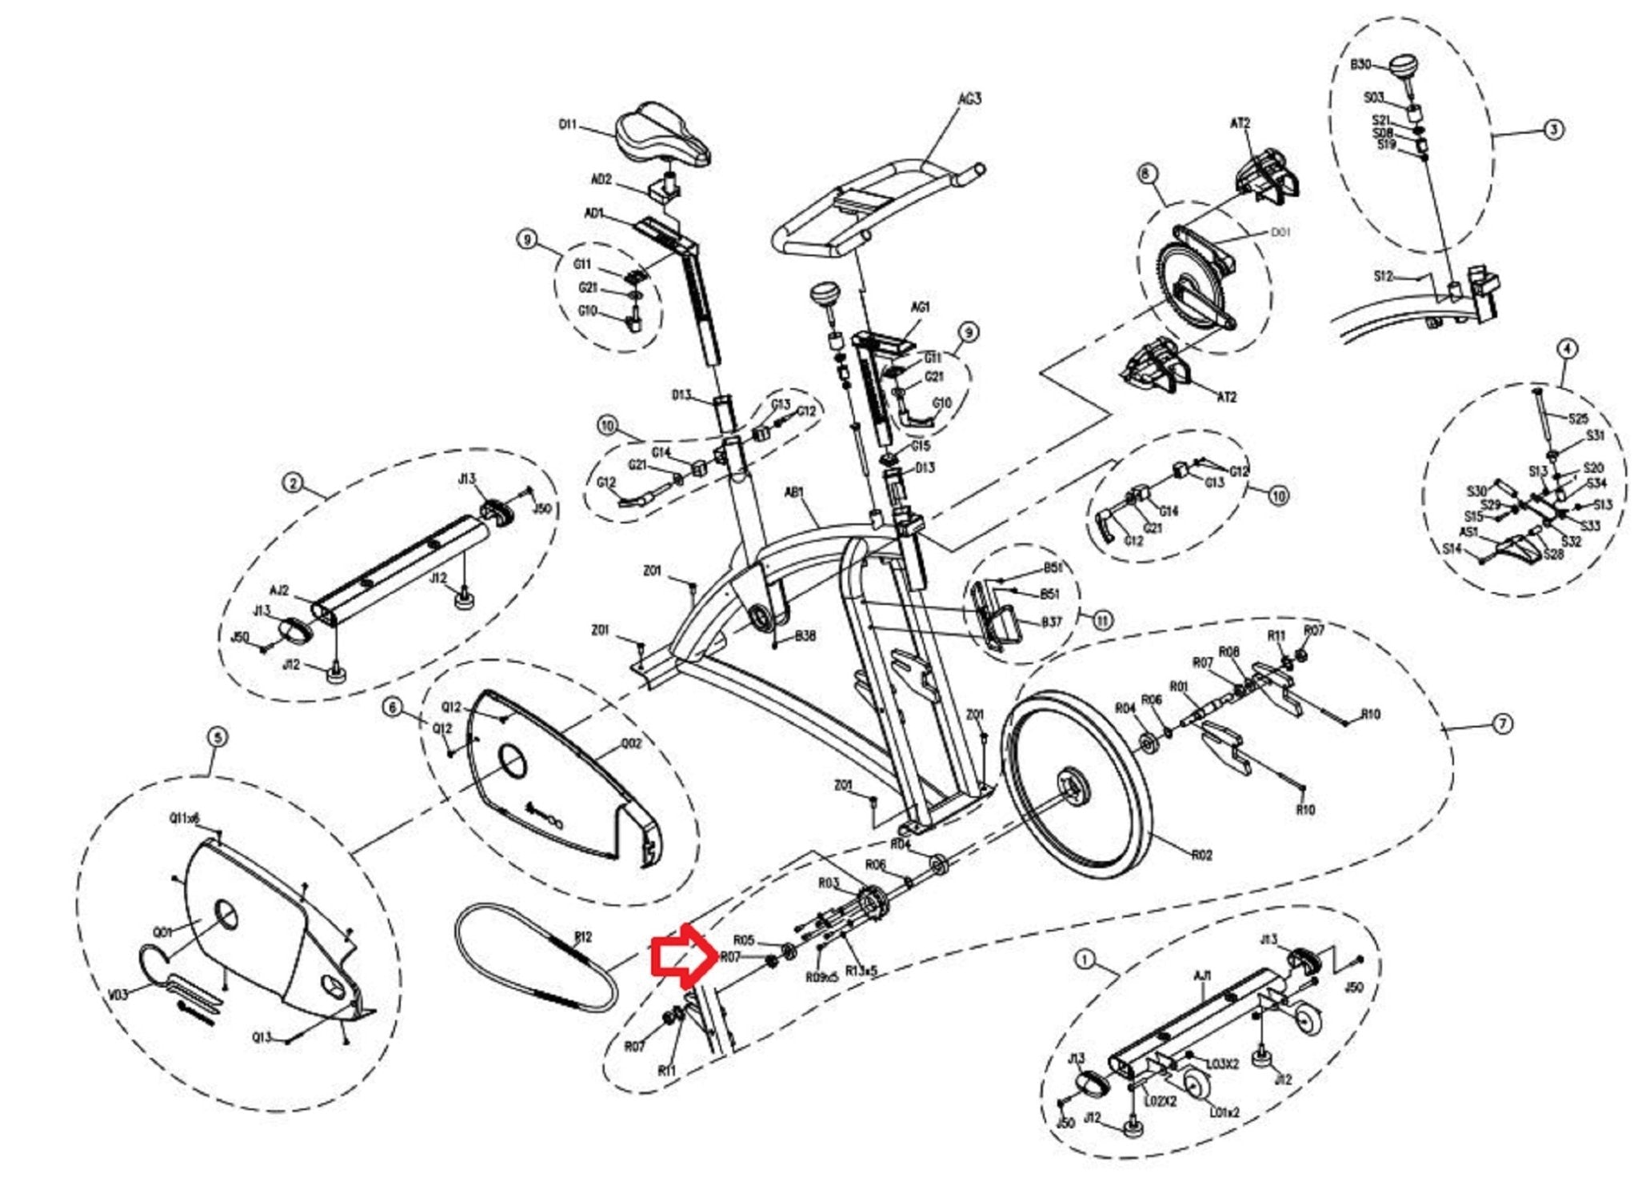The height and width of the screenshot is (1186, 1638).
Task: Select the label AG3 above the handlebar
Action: pos(969,98)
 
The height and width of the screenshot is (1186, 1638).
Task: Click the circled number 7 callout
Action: pos(1502,724)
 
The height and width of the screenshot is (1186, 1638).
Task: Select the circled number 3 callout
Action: pos(1552,129)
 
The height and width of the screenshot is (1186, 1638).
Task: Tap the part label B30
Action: pos(1360,65)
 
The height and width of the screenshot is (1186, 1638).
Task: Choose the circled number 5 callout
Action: pos(218,737)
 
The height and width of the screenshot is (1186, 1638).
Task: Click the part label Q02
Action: pos(631,744)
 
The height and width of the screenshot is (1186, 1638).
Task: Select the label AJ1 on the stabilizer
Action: pos(1202,976)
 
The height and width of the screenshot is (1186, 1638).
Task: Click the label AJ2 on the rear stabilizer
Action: pos(279,591)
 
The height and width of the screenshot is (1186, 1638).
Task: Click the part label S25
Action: pos(1578,419)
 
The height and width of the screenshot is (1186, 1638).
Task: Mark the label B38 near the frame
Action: pos(805,636)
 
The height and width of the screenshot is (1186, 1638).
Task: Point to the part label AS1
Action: pos(1468,531)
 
